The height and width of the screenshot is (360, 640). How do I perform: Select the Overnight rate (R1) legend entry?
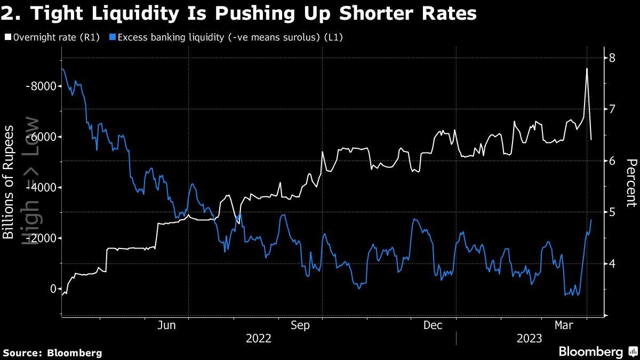53,37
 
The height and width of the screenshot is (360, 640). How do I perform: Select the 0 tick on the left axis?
52,289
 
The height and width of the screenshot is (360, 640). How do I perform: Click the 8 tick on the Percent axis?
613,58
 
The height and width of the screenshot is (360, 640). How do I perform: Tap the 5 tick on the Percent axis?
613,212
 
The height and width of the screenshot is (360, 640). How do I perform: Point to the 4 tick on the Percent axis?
613,263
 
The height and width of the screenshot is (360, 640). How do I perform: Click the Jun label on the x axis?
167,325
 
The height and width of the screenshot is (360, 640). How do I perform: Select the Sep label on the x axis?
300,325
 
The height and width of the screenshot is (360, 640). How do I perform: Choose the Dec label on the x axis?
433,325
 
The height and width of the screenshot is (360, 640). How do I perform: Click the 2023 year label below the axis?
529,339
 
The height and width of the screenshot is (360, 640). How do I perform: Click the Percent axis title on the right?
631,182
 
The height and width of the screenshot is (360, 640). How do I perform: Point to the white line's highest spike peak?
587,69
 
